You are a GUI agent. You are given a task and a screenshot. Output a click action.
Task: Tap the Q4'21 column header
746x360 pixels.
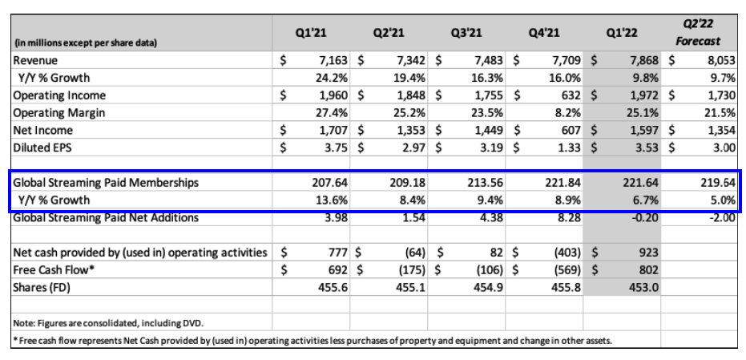coord(545,34)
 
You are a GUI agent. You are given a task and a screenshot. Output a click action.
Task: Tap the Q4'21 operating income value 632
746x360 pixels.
coord(570,95)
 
